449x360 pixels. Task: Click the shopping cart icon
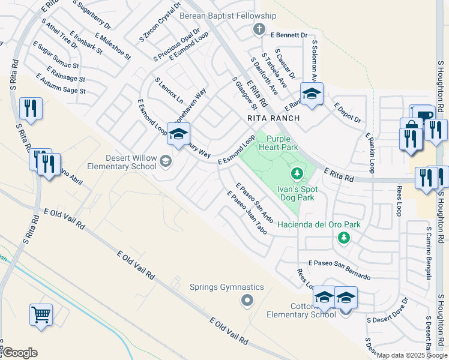point(41,314)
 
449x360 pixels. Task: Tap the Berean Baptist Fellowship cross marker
point(259,29)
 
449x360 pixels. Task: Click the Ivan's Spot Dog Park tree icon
point(296,173)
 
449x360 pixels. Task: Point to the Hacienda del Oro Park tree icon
point(344,238)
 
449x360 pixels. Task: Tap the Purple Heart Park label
point(278,142)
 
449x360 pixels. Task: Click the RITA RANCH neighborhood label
point(273,118)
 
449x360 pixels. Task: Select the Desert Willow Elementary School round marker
point(166,161)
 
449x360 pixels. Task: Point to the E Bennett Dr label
point(289,35)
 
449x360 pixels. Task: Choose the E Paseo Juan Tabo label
point(246,212)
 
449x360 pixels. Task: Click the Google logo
point(20,352)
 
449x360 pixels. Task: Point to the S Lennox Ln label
point(169,88)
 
